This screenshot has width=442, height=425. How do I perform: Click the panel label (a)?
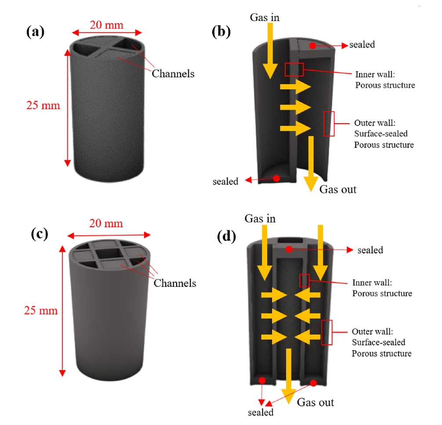click(x=35, y=32)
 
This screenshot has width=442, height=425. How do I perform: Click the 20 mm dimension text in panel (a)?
click(x=107, y=25)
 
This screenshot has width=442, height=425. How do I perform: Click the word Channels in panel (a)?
click(x=173, y=73)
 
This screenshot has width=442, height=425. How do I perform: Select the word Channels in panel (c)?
click(x=175, y=283)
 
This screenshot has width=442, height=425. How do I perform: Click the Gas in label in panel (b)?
click(x=264, y=17)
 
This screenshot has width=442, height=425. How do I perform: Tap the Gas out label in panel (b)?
click(x=337, y=189)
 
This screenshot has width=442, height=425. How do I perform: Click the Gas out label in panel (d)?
click(x=315, y=402)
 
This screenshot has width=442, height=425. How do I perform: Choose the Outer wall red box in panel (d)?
click(x=326, y=332)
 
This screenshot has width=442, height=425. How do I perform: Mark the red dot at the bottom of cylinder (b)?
click(x=276, y=178)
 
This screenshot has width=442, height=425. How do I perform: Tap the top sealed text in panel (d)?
click(x=370, y=250)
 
